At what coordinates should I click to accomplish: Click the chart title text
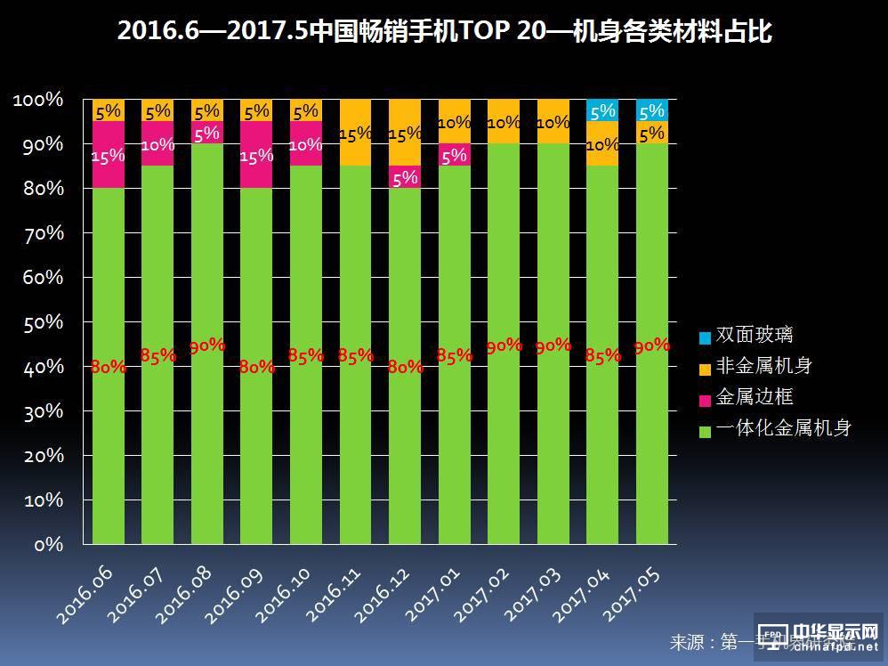[444, 33]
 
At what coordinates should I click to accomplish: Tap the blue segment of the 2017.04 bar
[602, 110]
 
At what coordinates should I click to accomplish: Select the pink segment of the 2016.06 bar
[109, 154]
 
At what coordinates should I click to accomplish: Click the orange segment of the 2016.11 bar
[356, 132]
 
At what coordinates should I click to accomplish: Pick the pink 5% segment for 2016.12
[405, 177]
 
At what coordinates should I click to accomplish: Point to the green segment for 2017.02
[504, 343]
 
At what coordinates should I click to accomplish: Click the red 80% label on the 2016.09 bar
[256, 366]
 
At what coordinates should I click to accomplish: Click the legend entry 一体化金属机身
[775, 428]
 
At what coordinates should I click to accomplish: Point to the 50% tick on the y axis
[39, 322]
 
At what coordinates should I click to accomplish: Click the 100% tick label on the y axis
[38, 100]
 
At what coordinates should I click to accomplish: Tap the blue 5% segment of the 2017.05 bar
[652, 110]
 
